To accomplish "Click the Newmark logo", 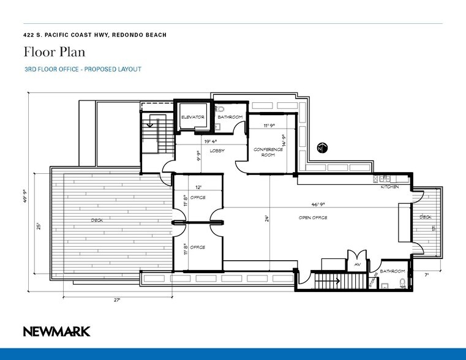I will coord(57,331).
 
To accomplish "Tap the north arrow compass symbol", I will coord(322,148).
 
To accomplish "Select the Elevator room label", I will coord(192,117).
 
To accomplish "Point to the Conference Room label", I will coord(268,152).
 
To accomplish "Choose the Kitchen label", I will coord(389,187).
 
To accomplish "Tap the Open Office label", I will coord(312,218).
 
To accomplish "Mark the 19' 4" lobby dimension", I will coord(212,141).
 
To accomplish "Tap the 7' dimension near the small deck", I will coord(427,275).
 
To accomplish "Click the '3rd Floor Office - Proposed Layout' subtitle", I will coord(83,69).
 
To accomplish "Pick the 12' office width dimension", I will coord(197,187).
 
